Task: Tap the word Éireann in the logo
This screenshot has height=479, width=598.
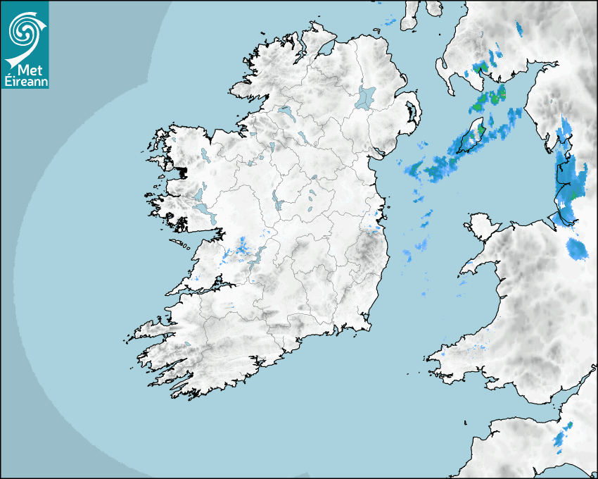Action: coord(25,80)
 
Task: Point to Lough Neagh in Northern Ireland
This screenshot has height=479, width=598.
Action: coord(367,97)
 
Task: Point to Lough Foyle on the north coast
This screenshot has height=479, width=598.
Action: coord(326,50)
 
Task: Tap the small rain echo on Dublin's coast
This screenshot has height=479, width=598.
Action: coord(372,228)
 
